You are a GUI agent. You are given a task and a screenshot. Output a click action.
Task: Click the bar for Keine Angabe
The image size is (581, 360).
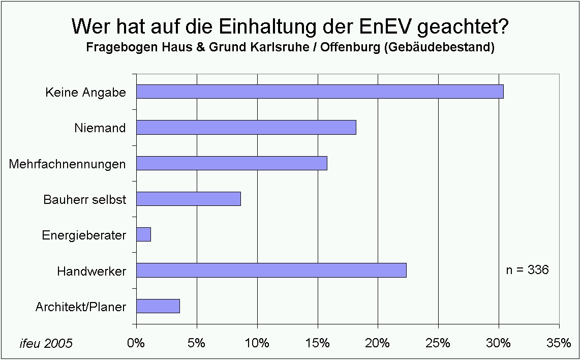coord(320,92)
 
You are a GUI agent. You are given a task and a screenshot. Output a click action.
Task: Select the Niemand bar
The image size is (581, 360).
coord(246,128)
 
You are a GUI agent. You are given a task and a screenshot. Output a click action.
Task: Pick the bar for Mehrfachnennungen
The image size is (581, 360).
coord(232,163)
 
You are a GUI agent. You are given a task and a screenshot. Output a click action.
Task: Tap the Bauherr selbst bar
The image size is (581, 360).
coord(189,199)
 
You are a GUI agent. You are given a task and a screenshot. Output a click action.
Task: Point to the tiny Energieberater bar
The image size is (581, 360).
coord(144,234)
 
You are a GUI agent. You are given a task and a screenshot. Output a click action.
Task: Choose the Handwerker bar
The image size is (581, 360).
coord(271,271)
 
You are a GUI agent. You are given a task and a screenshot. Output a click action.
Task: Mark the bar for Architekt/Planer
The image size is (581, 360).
coord(158,306)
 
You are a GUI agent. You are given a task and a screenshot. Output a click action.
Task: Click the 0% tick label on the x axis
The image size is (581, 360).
coord(136,343)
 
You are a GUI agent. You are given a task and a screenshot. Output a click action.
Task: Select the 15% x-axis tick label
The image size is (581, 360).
coord(318,343)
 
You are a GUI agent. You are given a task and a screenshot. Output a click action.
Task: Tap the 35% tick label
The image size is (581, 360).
coord(559,343)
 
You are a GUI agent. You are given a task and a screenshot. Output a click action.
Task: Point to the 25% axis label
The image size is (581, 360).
coord(438,343)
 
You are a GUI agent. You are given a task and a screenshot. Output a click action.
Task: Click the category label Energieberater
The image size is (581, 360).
coord(84,235)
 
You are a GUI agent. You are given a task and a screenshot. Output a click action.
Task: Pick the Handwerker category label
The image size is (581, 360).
coord(91,271)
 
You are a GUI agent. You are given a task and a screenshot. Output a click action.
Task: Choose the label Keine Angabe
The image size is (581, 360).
coord(85,93)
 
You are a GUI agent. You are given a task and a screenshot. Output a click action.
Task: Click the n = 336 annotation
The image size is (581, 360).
coord(527,270)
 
